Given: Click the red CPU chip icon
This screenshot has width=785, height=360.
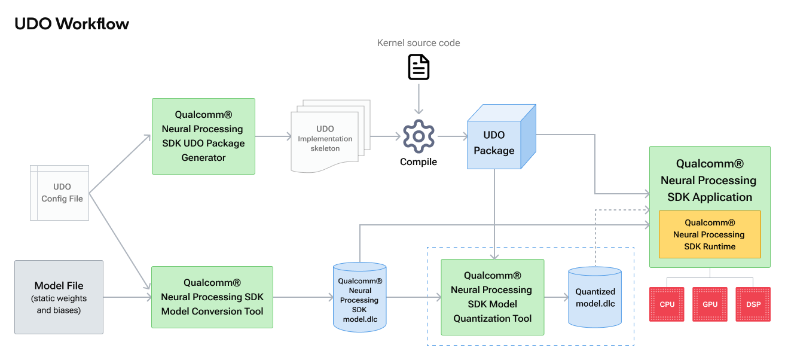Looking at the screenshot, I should coord(667,304).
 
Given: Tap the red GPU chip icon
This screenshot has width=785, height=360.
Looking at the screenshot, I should coord(710,304).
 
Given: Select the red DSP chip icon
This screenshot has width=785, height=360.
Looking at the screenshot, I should coord(753,304).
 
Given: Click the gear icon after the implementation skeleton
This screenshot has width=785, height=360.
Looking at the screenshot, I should coord(419,136).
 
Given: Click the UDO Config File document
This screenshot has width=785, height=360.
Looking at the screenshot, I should coord(60,193).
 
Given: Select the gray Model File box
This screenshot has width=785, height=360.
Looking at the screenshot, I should coord(59,297).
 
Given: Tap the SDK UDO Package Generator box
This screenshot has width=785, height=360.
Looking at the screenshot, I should coord(203,136).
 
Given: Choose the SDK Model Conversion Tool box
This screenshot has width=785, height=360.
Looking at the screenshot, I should coord(212,297).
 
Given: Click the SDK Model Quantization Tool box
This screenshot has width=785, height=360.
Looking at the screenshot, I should coord(492,297).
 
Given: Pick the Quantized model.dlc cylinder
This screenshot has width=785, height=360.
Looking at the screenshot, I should coord(594,297).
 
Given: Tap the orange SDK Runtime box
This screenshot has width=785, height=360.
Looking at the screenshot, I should coord(709,234).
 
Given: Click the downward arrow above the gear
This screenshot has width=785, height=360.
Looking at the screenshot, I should coord(419,99).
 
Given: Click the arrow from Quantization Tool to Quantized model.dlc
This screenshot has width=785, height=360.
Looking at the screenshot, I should coord(555,297).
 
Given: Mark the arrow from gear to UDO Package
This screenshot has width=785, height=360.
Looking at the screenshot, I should coord(452,136).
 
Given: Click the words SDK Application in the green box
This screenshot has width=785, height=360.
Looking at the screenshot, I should coord(709,197).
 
